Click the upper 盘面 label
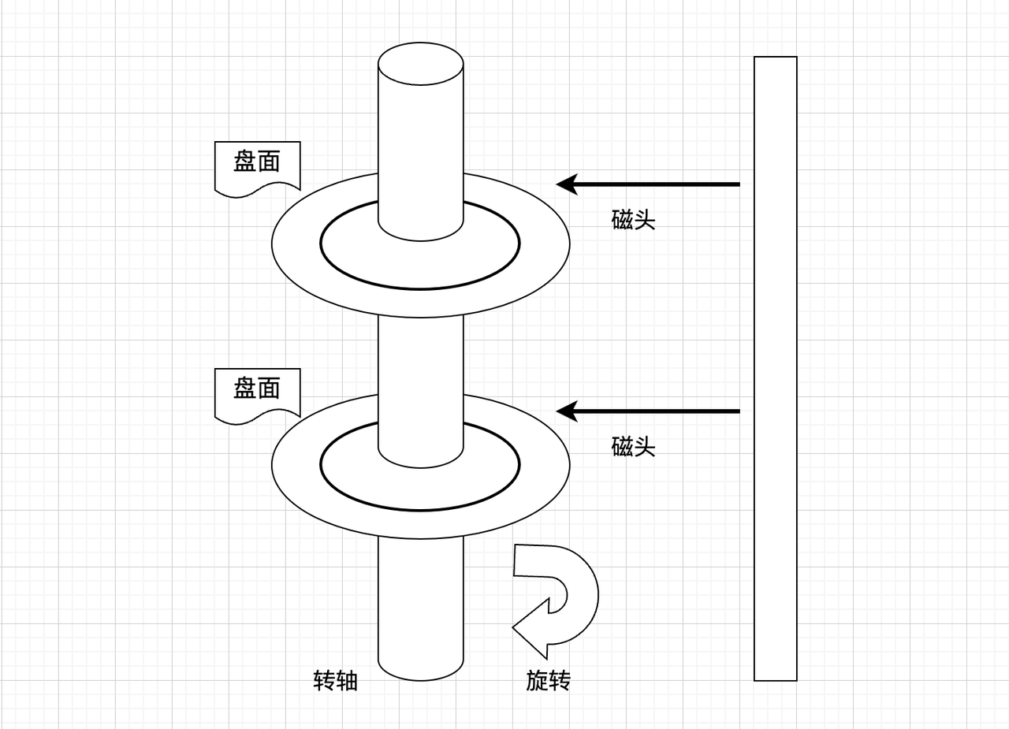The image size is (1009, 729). pyautogui.click(x=257, y=162)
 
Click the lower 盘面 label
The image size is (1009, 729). pyautogui.click(x=257, y=389)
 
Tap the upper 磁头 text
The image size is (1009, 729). pyautogui.click(x=633, y=220)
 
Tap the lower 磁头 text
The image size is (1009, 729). pyautogui.click(x=633, y=447)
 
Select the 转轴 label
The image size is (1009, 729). pyautogui.click(x=335, y=680)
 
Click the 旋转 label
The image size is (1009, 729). pyautogui.click(x=548, y=680)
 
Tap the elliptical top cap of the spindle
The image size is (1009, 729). pyautogui.click(x=420, y=64)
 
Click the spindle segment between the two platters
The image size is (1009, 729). pyautogui.click(x=420, y=355)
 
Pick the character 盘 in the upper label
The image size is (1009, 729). pyautogui.click(x=245, y=162)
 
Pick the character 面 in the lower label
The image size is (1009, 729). pyautogui.click(x=269, y=389)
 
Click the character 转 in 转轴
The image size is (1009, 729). pyautogui.click(x=324, y=680)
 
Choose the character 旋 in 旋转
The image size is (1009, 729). pyautogui.click(x=537, y=680)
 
